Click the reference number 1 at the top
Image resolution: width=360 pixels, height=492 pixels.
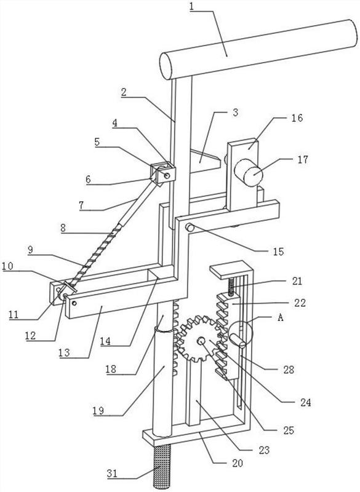click(192, 7)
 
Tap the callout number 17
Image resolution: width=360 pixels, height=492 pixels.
click(303, 159)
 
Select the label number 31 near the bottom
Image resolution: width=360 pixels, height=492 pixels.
click(112, 473)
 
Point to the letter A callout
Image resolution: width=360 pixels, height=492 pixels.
click(280, 317)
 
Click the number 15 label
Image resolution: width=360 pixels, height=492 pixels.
click(278, 252)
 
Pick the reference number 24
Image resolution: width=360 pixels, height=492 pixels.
click(305, 402)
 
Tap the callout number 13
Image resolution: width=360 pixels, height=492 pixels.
click(64, 352)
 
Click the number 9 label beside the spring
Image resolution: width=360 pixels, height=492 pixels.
click(30, 250)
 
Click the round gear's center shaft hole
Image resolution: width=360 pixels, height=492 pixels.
click(200, 341)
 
